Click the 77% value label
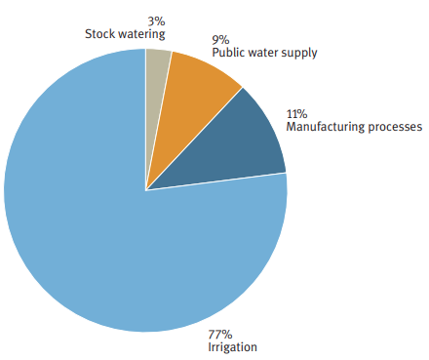[220, 334]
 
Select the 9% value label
[219, 40]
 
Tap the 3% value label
[156, 20]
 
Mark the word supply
[298, 53]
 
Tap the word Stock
[100, 33]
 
